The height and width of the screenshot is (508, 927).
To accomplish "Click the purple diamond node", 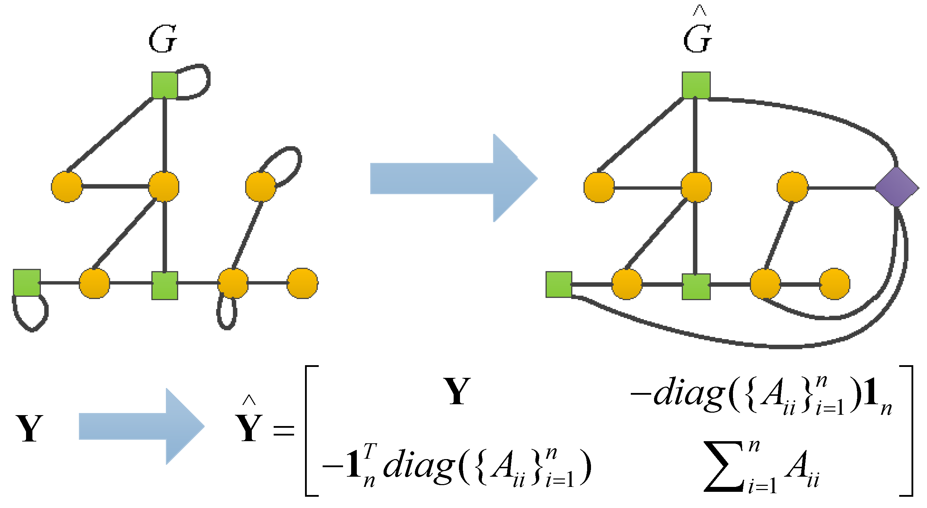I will point(896,187).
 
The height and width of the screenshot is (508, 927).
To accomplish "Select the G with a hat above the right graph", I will point(697,36).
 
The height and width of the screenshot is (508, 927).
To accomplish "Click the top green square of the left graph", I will point(164,85).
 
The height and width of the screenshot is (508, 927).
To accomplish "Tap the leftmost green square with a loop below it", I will point(27,282).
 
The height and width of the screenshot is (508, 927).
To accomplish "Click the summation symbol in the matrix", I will point(723,468).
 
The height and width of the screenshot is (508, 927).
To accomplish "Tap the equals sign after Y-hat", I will point(284,430).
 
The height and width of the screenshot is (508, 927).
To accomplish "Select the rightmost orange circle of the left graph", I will point(302,283).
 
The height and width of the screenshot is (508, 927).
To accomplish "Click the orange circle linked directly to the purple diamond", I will point(792,187).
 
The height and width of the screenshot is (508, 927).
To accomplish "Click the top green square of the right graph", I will point(696,85).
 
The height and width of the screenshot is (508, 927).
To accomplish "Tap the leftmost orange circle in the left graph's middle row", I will point(67,187).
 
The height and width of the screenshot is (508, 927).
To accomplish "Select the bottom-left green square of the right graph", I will point(559,284).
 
